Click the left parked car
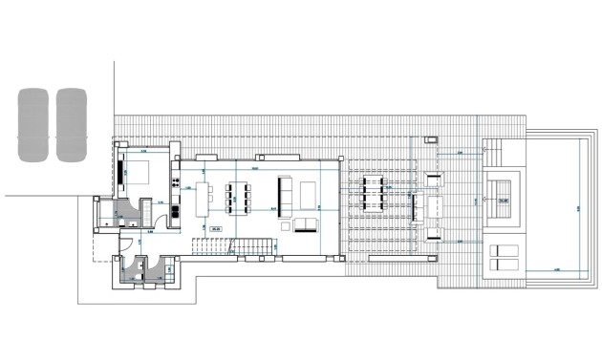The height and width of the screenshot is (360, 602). (32, 124)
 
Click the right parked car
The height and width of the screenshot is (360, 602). (71, 124)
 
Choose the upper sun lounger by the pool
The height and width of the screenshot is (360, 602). (503, 249)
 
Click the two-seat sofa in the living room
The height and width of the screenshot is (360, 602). (305, 224)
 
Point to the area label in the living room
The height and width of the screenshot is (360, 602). (216, 228)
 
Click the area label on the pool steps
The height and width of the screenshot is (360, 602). (503, 201)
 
